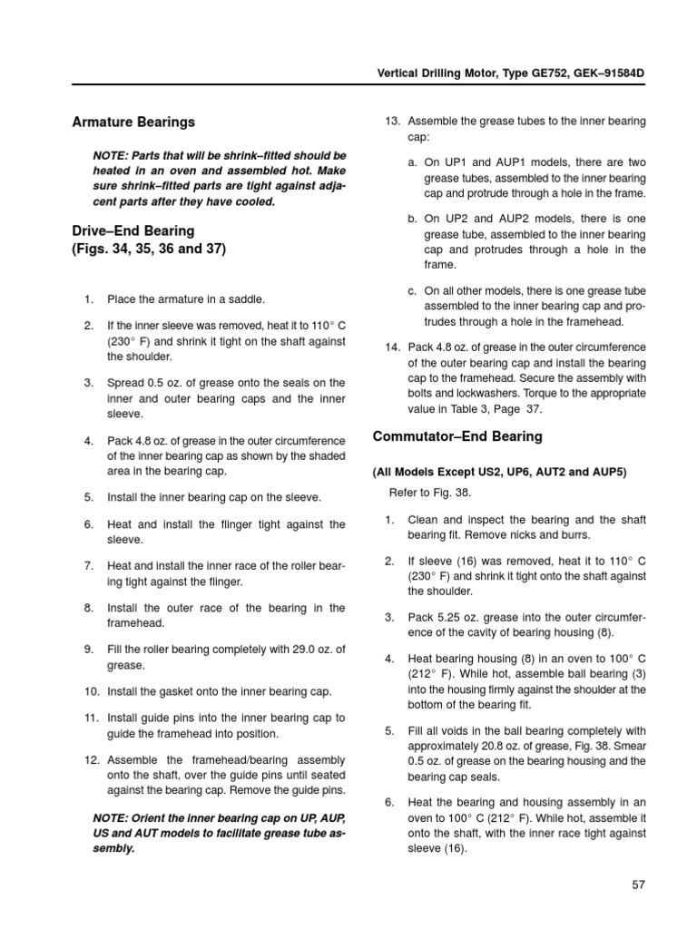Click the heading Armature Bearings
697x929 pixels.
133,122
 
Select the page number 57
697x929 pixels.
637,885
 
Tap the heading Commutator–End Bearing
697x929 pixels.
457,436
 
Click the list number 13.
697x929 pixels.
392,121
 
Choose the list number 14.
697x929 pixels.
392,347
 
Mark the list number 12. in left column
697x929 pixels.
90,759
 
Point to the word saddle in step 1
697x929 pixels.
246,298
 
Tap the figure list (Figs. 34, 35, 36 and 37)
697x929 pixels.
149,249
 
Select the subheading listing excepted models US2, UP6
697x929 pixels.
499,472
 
